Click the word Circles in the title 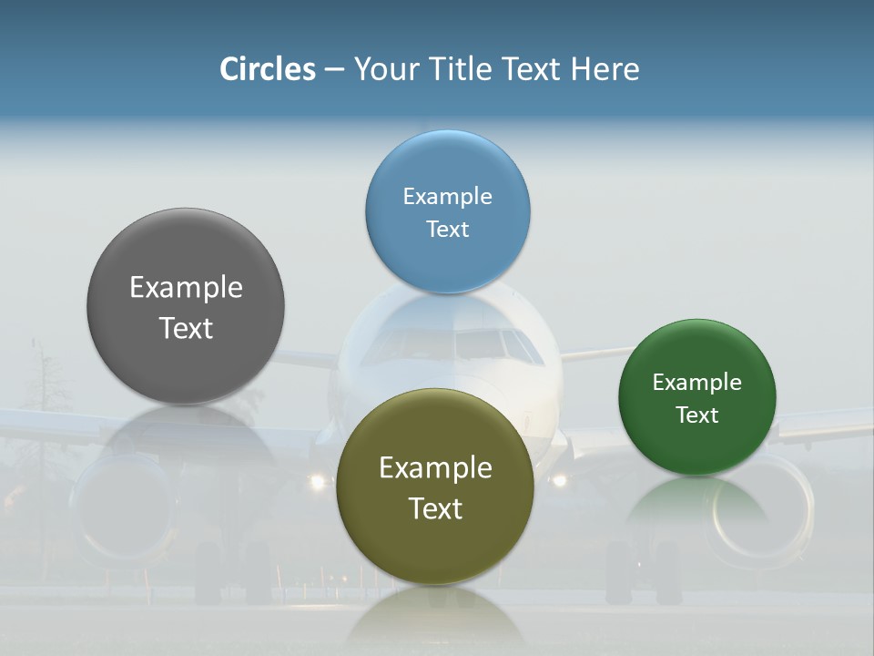pos(268,69)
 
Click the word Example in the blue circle pos(447,197)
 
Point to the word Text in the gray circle pos(186,328)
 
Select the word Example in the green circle pos(696,383)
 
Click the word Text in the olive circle pos(435,508)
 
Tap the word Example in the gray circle pos(186,288)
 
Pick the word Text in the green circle pos(696,415)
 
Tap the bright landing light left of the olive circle pos(317,481)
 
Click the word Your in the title pos(381,69)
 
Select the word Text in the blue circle pos(447,230)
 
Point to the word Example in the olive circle pos(435,468)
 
